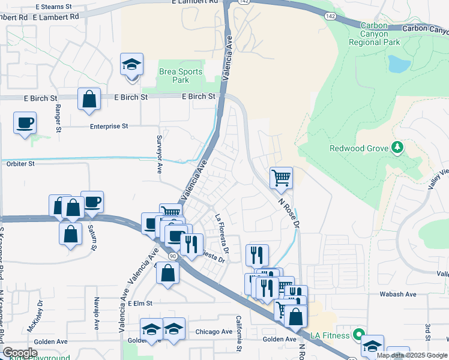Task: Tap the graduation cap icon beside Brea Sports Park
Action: [x=131, y=65]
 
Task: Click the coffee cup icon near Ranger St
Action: [x=25, y=123]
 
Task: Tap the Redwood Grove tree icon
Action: [x=396, y=148]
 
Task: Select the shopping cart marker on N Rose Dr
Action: [x=280, y=178]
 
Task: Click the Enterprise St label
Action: [x=109, y=127]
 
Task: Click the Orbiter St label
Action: [x=20, y=163]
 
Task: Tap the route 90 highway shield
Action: [x=173, y=256]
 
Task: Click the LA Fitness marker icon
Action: [x=358, y=334]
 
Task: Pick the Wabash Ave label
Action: [x=397, y=295]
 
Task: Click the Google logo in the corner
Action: [x=20, y=353]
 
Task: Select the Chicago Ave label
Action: [x=214, y=332]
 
